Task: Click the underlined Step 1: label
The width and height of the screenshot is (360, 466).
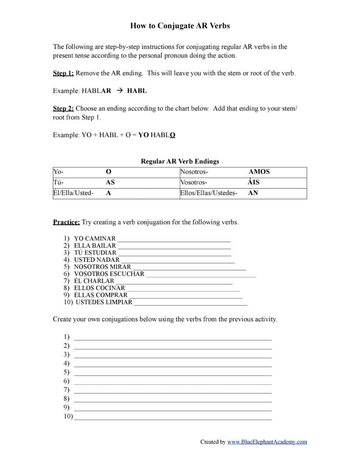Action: [63, 73]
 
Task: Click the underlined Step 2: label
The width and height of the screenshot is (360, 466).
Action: [63, 109]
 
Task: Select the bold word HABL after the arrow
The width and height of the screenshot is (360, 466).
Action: [137, 91]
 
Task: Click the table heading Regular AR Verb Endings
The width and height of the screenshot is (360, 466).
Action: [180, 161]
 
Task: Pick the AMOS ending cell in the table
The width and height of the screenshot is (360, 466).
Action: [259, 172]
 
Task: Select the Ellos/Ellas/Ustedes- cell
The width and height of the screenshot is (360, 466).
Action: [208, 193]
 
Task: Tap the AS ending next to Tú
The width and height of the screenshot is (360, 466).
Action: [110, 183]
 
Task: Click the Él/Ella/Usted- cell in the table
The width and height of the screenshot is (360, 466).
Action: [73, 193]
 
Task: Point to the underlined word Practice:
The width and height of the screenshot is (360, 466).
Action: [66, 222]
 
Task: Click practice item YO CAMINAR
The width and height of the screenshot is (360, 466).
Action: [95, 239]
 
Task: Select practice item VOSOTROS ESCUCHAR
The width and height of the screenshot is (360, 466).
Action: [109, 274]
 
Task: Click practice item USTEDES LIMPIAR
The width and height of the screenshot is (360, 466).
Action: [104, 302]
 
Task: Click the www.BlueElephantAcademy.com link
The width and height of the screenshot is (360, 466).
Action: [267, 442]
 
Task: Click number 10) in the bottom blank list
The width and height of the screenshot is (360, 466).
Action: [68, 417]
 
